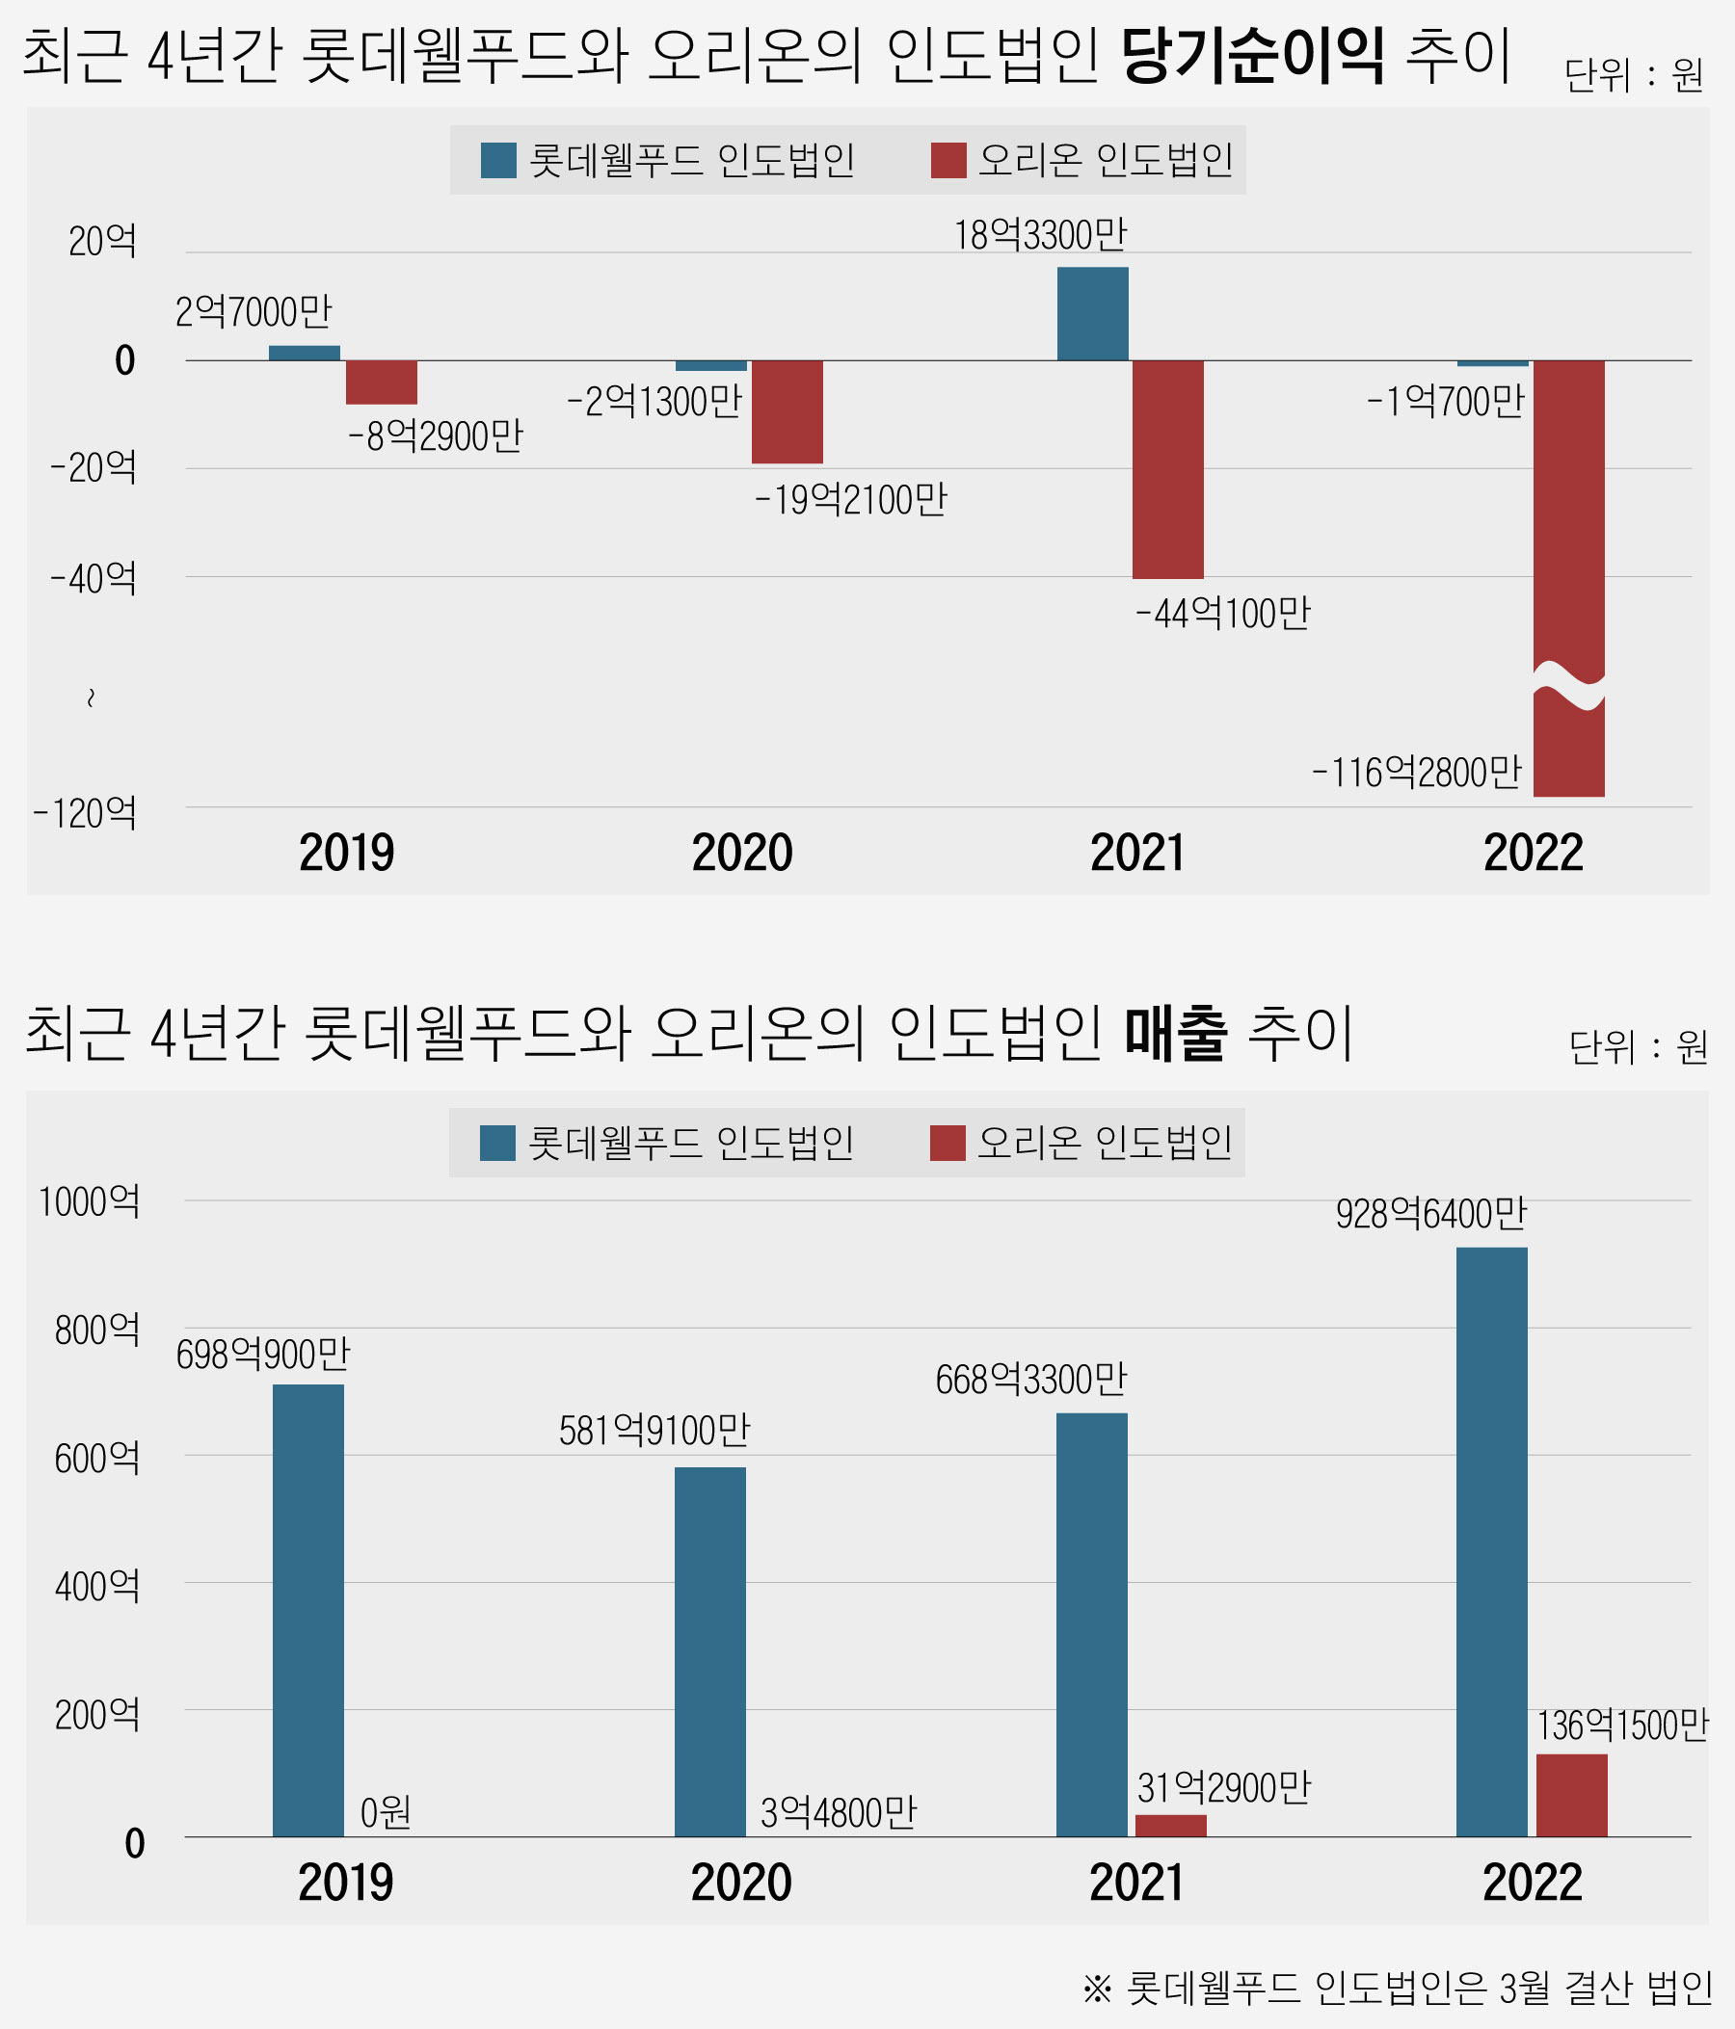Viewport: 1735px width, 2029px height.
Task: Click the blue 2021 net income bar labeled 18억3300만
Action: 1092,313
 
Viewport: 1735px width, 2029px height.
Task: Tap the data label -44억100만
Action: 1222,614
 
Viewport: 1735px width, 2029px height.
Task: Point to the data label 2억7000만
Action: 254,312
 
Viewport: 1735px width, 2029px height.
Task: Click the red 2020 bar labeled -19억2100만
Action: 787,411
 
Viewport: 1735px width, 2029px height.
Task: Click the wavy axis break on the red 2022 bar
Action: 1568,685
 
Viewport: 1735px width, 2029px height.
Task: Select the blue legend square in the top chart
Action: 498,161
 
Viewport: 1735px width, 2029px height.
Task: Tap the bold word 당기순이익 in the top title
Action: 1253,57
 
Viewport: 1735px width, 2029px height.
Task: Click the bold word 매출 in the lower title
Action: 1175,1034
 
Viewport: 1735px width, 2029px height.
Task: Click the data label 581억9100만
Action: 654,1432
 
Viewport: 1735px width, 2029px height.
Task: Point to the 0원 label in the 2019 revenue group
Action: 385,1813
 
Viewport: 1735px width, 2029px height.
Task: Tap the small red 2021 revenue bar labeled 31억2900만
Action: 1171,1826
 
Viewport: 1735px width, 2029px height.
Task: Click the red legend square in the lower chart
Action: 948,1143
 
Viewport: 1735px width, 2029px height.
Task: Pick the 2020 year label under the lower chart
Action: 741,1883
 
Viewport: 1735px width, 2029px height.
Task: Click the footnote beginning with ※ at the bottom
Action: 1397,1987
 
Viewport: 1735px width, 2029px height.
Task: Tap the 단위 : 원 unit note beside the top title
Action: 1633,75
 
